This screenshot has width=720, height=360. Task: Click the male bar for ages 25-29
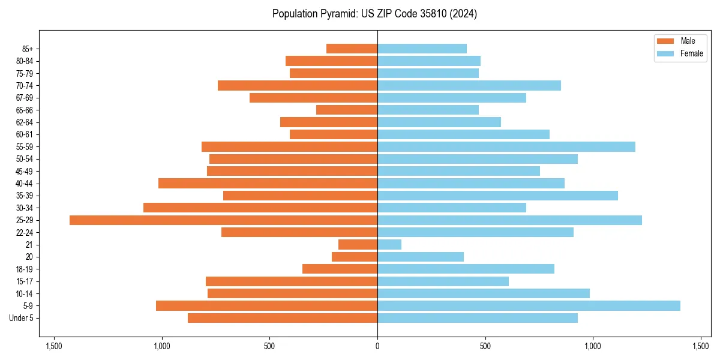[x=223, y=220]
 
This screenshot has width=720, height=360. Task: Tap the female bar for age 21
[x=389, y=245]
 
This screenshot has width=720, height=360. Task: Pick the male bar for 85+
[x=352, y=49]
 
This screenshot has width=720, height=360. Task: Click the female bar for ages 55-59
[x=506, y=147]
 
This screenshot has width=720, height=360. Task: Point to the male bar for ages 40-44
[x=268, y=184]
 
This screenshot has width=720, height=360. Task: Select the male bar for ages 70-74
[x=298, y=86]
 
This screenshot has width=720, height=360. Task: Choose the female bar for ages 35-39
[x=497, y=196]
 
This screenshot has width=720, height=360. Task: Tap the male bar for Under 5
[x=283, y=318]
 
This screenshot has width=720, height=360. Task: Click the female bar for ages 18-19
[x=466, y=269]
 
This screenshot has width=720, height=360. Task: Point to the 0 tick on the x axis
[x=377, y=346]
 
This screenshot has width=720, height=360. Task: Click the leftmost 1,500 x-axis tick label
[x=54, y=346]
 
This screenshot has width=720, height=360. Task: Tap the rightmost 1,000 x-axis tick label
[x=593, y=346]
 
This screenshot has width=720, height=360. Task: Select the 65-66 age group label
[x=24, y=110]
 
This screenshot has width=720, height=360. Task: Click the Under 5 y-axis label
[x=21, y=318]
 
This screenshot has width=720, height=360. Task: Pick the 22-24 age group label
[x=24, y=233]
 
